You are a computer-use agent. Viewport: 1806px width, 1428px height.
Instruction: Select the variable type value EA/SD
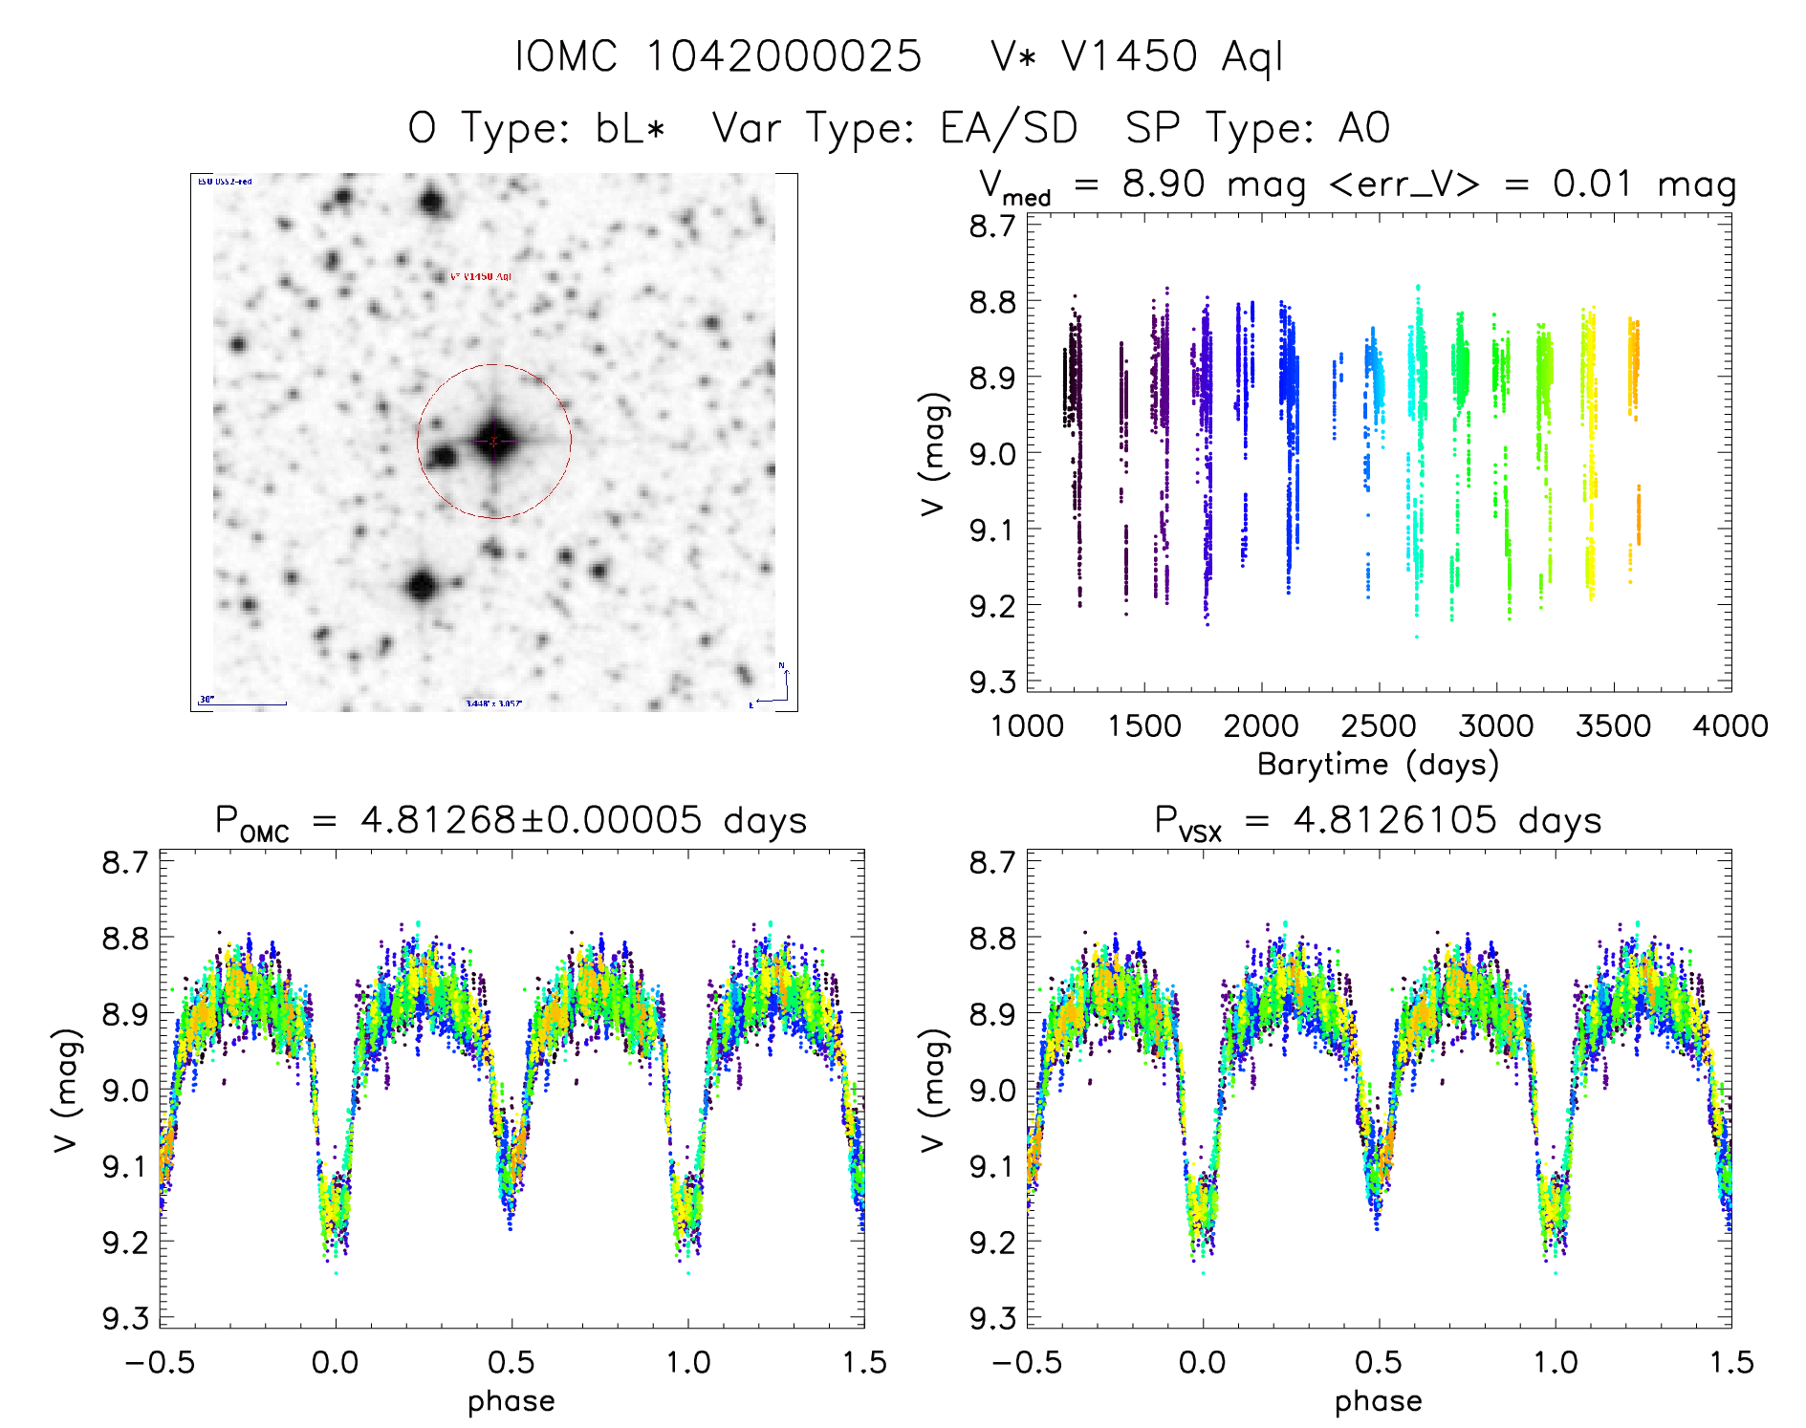(x=1009, y=128)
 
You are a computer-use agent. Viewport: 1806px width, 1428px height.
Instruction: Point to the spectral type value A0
(x=1363, y=128)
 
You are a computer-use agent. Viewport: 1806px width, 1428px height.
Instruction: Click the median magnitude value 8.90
(x=1164, y=184)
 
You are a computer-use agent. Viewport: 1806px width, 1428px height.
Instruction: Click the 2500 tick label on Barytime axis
(x=1379, y=726)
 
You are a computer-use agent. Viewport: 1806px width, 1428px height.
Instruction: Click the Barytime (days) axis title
(x=1378, y=765)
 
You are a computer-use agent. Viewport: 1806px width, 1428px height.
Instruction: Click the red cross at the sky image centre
(x=493, y=442)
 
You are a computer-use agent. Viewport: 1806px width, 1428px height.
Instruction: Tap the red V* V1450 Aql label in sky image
(x=481, y=276)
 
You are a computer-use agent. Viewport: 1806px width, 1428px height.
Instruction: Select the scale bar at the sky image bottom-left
(x=243, y=703)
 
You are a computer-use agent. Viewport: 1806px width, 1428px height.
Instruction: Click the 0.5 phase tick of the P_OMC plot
(x=511, y=1363)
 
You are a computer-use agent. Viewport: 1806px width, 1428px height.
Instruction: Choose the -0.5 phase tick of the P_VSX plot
(x=1027, y=1363)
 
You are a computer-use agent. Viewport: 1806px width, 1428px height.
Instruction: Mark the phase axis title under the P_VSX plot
(x=1378, y=1401)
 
